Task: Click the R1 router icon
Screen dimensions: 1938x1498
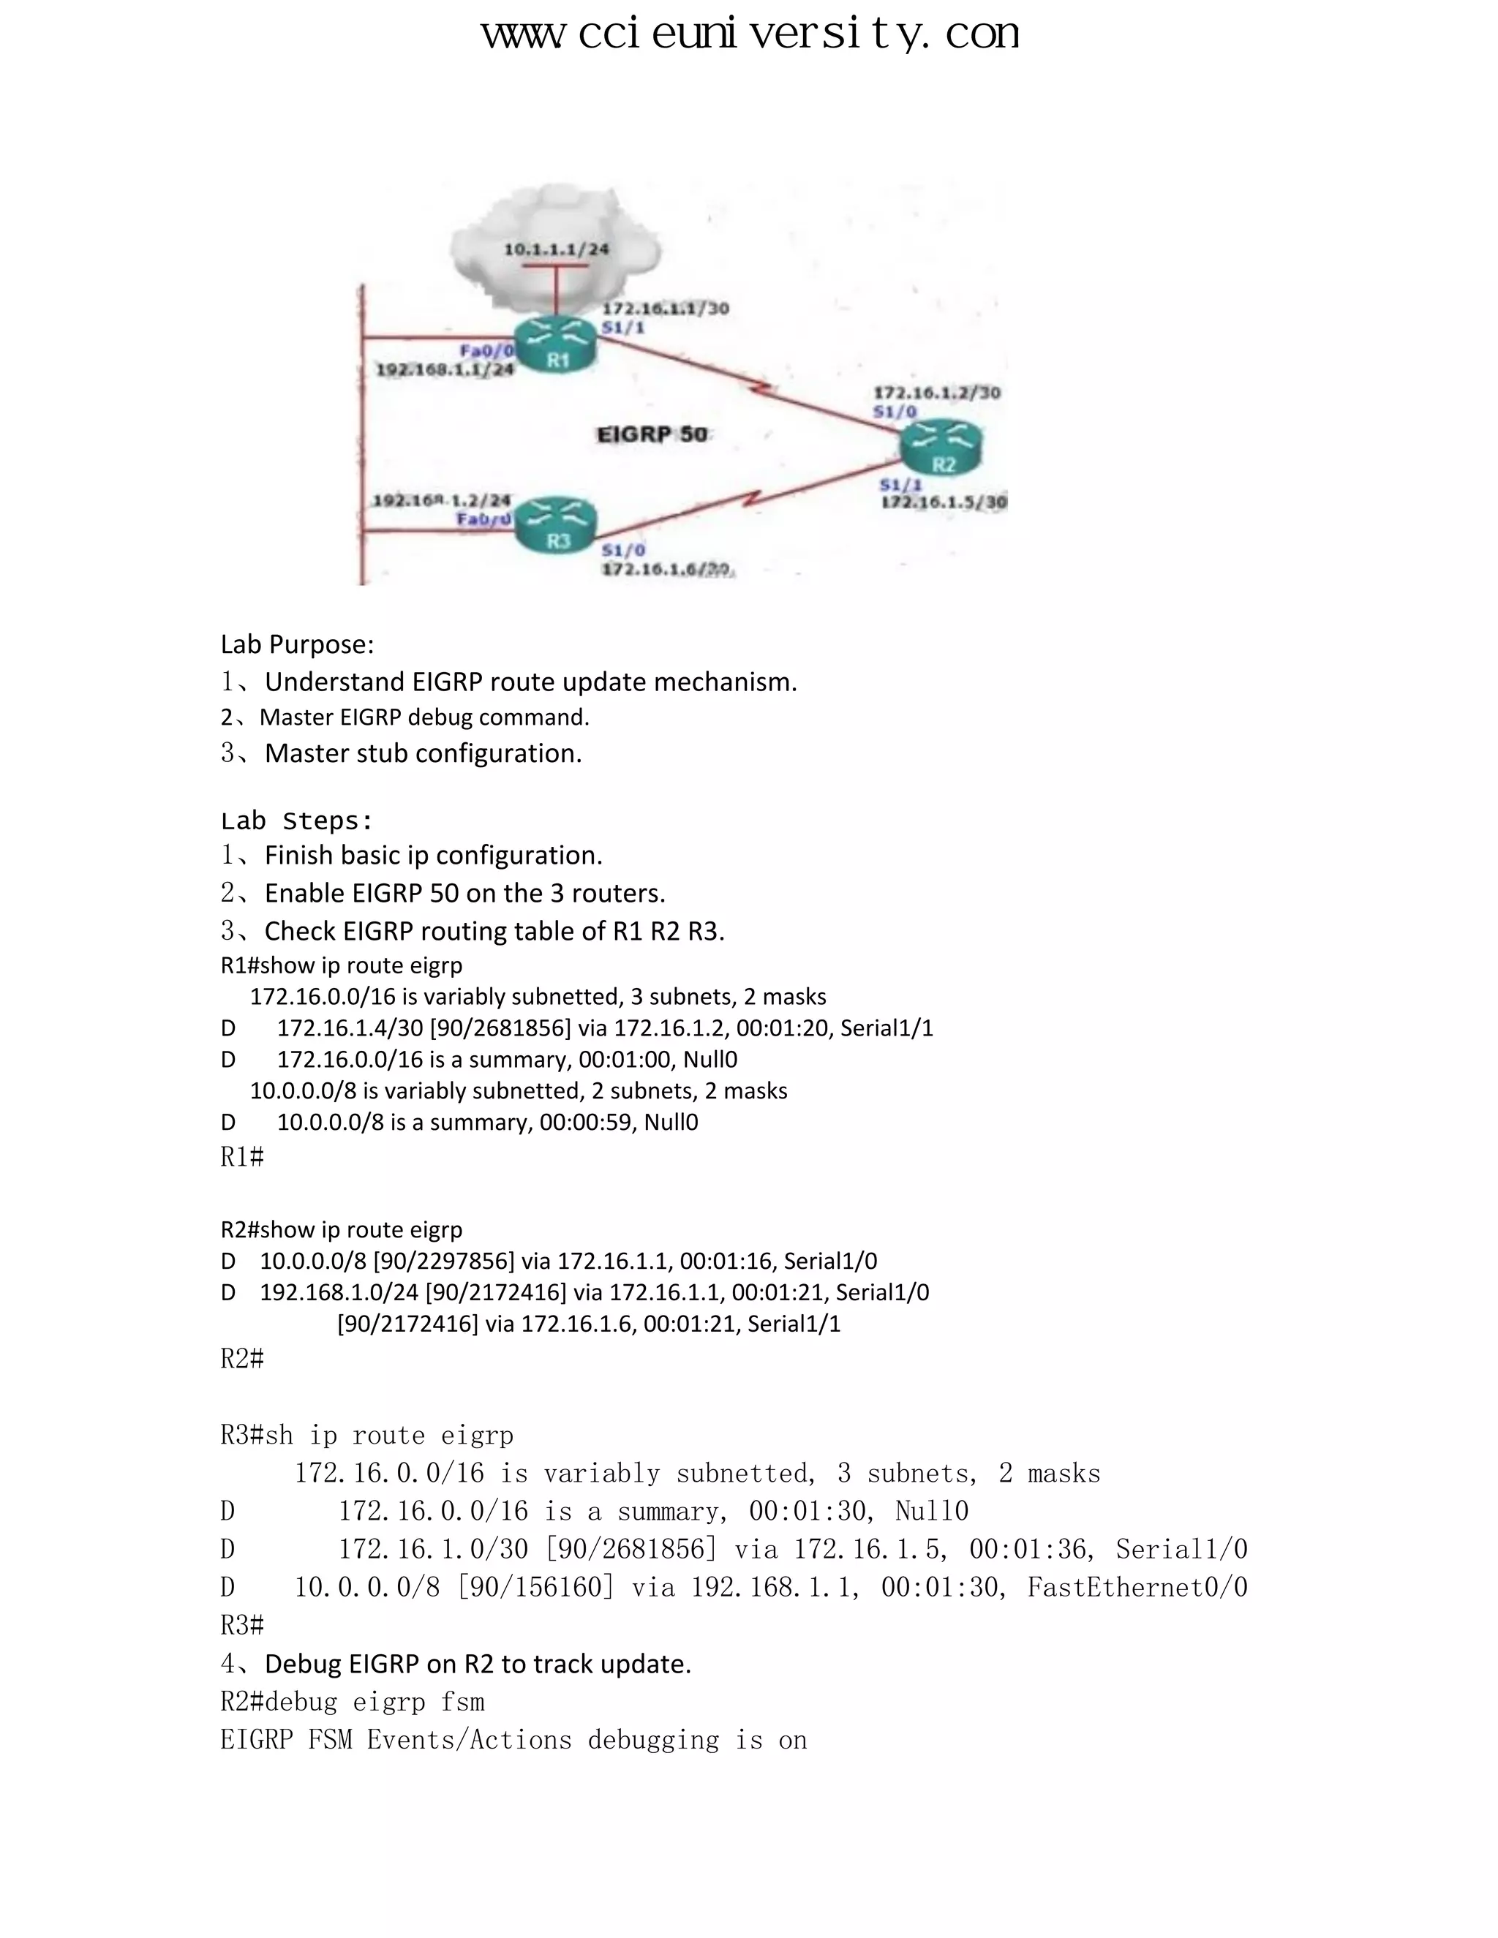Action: click(x=557, y=345)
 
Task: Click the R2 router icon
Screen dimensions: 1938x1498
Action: click(x=941, y=448)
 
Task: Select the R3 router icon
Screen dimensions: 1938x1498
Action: click(x=557, y=525)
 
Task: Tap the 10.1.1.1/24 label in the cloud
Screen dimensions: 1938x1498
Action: click(x=557, y=249)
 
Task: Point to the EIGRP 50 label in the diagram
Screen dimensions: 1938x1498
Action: click(x=652, y=434)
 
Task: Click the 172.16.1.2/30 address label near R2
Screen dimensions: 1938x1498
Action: click(x=937, y=392)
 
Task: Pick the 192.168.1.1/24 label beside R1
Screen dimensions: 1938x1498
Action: click(x=445, y=369)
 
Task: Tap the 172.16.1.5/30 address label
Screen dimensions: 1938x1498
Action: click(x=944, y=502)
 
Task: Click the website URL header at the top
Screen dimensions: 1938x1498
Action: click(x=750, y=34)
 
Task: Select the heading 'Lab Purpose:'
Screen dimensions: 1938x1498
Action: click(x=297, y=644)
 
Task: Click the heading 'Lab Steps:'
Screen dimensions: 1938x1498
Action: click(x=297, y=820)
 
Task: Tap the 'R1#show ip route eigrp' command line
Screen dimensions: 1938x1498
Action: click(x=342, y=965)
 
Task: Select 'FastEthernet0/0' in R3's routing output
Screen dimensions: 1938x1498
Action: click(x=1137, y=1587)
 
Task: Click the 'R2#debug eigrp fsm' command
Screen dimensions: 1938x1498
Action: click(x=353, y=1701)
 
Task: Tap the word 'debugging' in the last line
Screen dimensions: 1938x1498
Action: click(x=653, y=1739)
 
